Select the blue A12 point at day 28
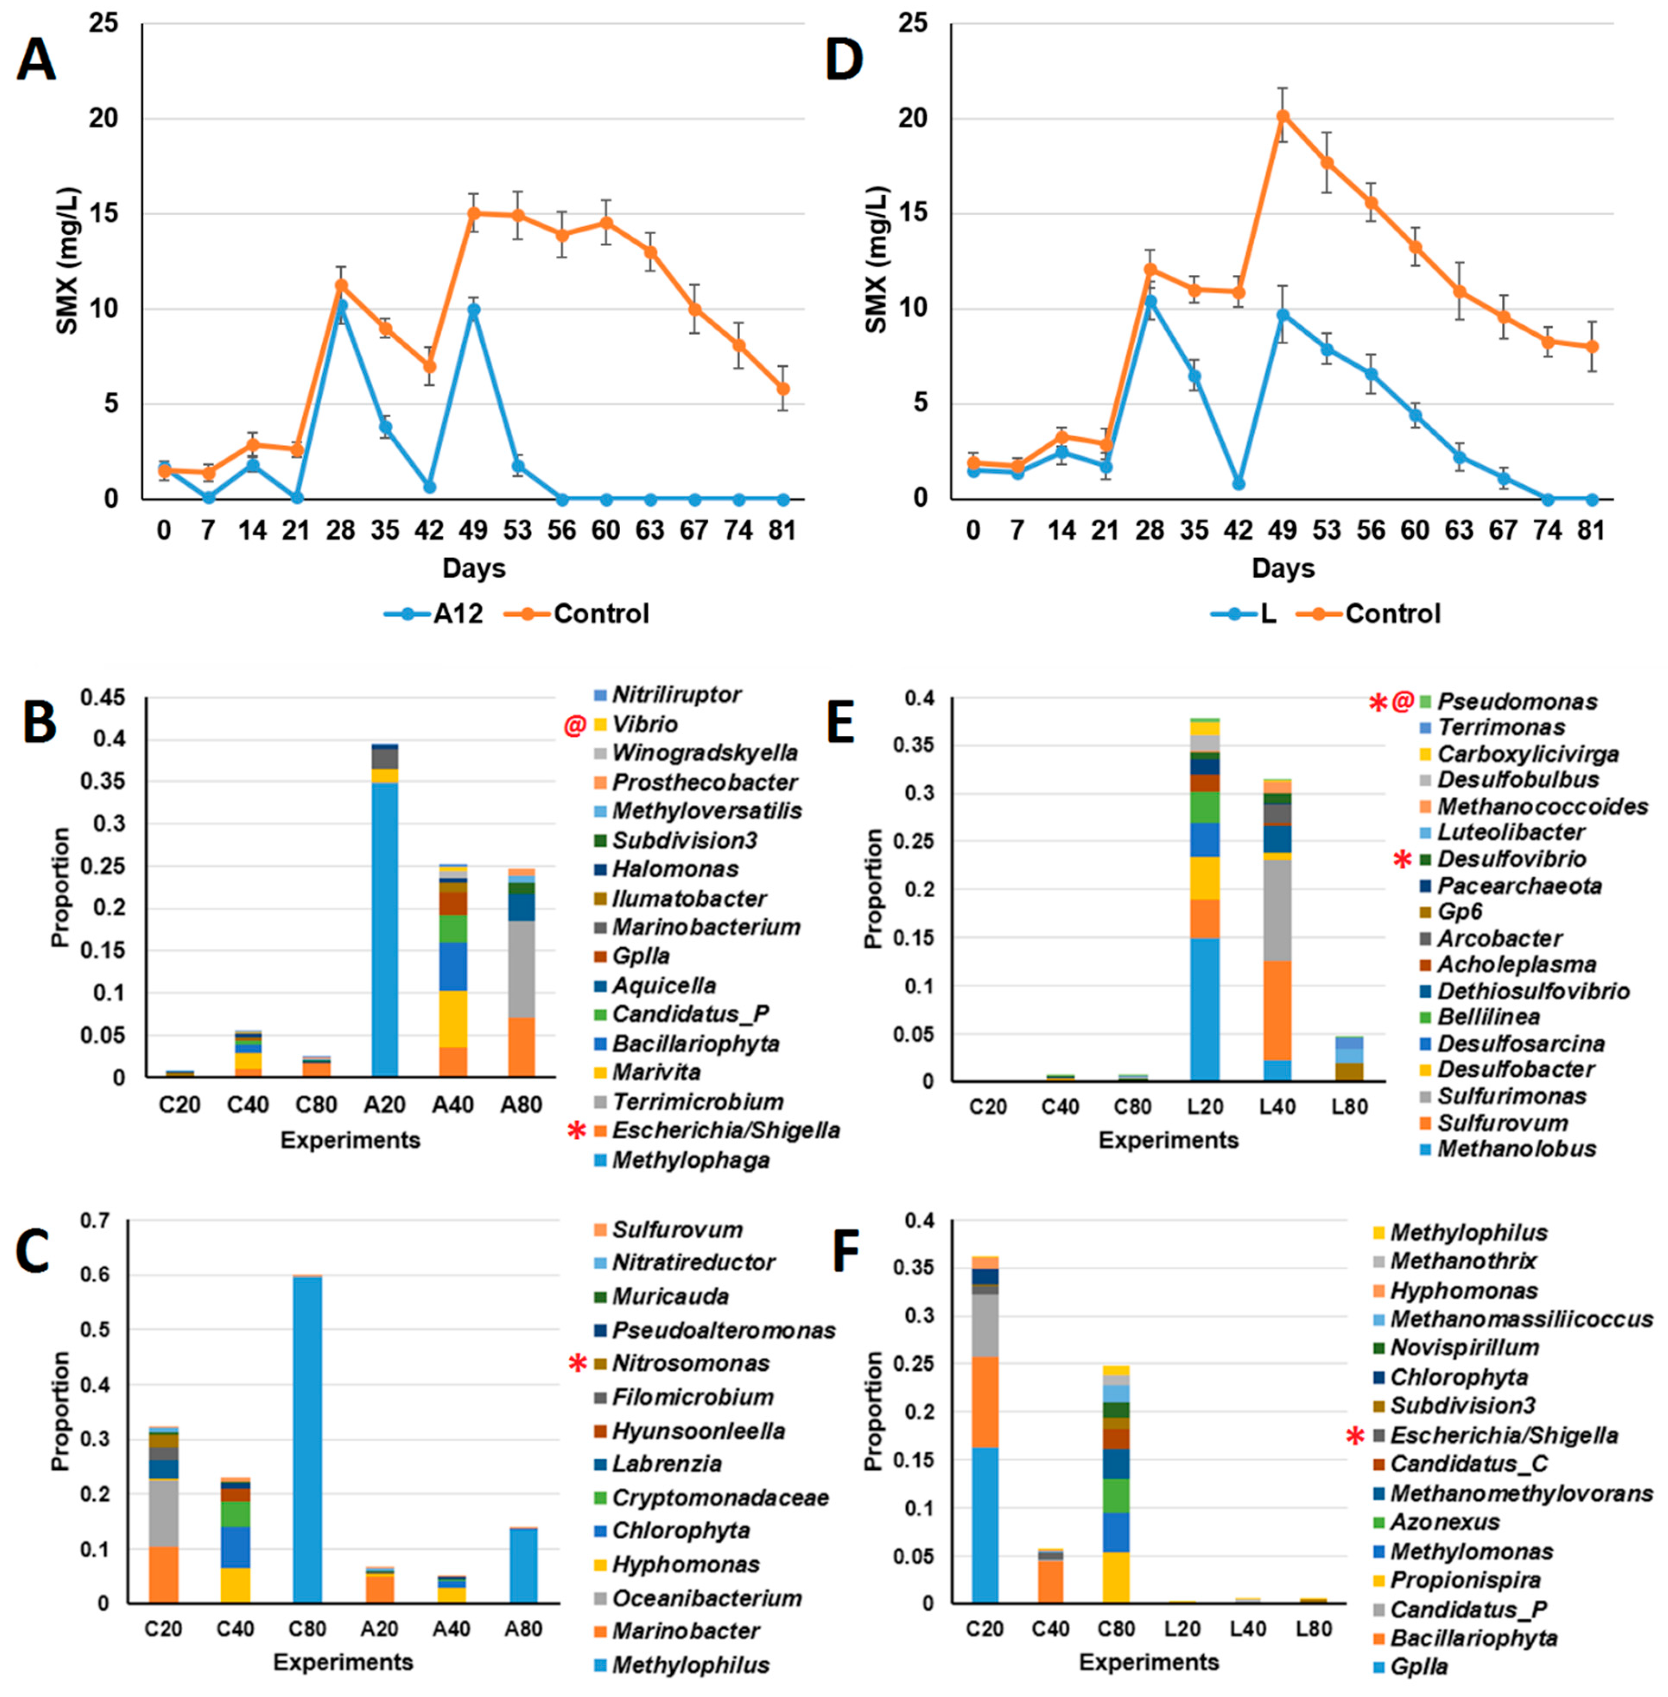pyautogui.click(x=341, y=306)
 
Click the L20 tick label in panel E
pyautogui.click(x=1205, y=1106)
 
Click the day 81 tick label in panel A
pyautogui.click(x=782, y=530)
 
